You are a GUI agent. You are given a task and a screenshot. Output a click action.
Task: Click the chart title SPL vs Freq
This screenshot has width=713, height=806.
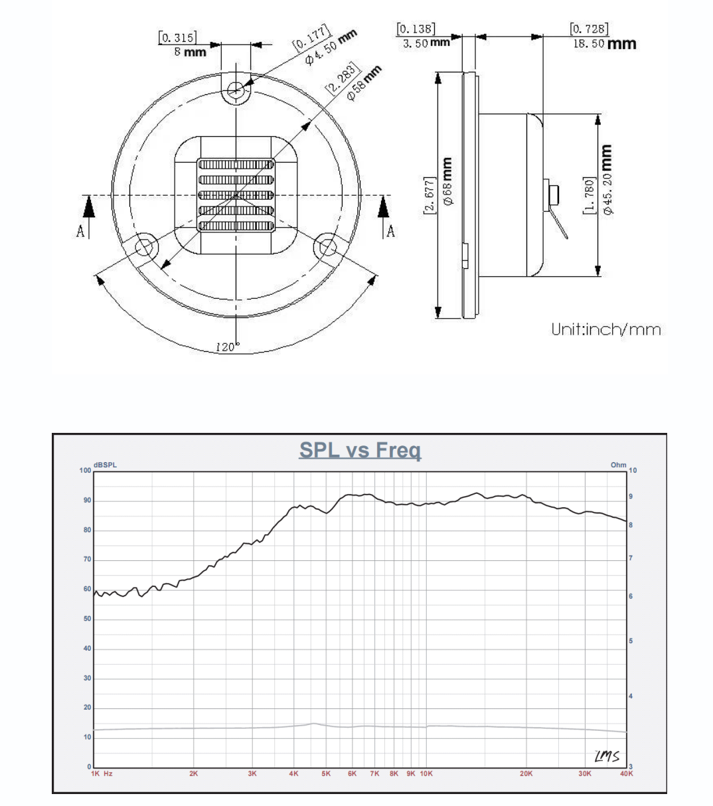tap(360, 450)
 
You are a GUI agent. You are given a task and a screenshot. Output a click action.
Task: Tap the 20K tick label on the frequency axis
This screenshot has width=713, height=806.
tap(526, 773)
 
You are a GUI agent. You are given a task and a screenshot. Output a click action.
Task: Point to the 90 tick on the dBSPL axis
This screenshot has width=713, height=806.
tap(87, 501)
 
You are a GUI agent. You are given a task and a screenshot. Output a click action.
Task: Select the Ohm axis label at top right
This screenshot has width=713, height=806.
tap(618, 465)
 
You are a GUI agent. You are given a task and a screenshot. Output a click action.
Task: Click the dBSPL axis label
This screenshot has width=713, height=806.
tap(105, 465)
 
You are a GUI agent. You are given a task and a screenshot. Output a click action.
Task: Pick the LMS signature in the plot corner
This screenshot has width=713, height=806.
tap(607, 756)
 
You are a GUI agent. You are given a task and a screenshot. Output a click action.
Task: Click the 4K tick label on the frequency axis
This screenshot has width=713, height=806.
tap(293, 773)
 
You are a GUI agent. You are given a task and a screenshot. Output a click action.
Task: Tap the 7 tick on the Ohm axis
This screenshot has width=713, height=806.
tap(631, 558)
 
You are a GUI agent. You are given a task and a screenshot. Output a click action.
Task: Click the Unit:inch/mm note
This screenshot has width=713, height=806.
tap(606, 329)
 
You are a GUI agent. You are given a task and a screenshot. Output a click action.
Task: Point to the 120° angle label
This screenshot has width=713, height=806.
tap(228, 347)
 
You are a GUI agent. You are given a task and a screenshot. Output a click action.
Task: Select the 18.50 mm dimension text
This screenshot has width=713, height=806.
tap(605, 43)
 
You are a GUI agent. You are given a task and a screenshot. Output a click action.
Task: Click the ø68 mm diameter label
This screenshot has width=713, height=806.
tap(448, 181)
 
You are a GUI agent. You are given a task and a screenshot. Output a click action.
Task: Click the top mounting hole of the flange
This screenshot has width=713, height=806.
tap(236, 89)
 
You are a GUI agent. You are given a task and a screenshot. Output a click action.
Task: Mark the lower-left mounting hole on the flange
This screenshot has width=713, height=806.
tap(145, 247)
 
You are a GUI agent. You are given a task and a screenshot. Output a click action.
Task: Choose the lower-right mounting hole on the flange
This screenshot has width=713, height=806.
tap(327, 247)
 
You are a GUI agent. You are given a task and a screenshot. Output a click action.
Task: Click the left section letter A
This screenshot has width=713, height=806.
tap(80, 231)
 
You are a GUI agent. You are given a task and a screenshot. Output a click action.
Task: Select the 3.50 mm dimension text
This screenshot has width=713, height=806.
tap(426, 43)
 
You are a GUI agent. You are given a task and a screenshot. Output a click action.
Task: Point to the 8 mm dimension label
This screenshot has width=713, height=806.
tap(190, 52)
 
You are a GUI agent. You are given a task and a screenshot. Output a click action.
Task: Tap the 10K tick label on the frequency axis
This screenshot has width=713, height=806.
tap(426, 773)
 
